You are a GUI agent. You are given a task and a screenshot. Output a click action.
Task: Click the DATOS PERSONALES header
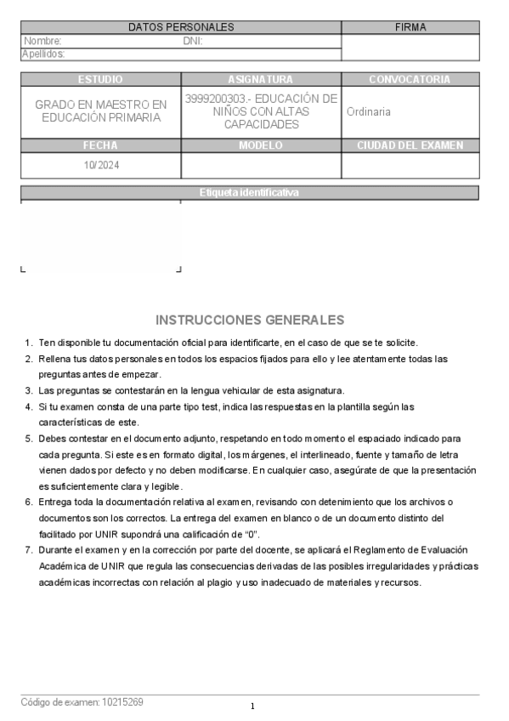(180, 27)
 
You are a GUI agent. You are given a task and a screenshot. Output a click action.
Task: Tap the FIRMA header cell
(410, 27)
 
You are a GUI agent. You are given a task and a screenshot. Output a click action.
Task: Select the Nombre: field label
(42, 41)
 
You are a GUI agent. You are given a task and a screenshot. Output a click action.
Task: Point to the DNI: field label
(193, 41)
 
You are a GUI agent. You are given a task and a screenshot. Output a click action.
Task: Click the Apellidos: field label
(43, 54)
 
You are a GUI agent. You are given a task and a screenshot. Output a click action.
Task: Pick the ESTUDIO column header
(100, 79)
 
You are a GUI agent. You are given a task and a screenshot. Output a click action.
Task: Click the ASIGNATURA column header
(261, 79)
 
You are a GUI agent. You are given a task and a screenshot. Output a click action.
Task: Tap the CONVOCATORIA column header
(410, 79)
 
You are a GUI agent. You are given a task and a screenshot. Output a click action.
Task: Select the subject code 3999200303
(213, 99)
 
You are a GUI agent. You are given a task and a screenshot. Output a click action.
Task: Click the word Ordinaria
(369, 111)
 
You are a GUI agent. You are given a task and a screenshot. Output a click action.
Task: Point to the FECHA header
(100, 145)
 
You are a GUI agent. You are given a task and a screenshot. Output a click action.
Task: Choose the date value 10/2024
(101, 165)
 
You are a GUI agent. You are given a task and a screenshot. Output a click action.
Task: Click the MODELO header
(261, 145)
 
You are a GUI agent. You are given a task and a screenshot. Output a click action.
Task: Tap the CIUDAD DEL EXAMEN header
(410, 145)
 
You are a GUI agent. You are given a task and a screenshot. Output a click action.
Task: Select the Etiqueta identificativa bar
(249, 193)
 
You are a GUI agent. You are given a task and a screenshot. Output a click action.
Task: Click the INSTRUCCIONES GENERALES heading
(250, 321)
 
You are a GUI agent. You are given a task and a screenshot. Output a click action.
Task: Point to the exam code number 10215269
(122, 702)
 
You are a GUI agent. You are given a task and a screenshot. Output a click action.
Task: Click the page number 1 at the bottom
(252, 707)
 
